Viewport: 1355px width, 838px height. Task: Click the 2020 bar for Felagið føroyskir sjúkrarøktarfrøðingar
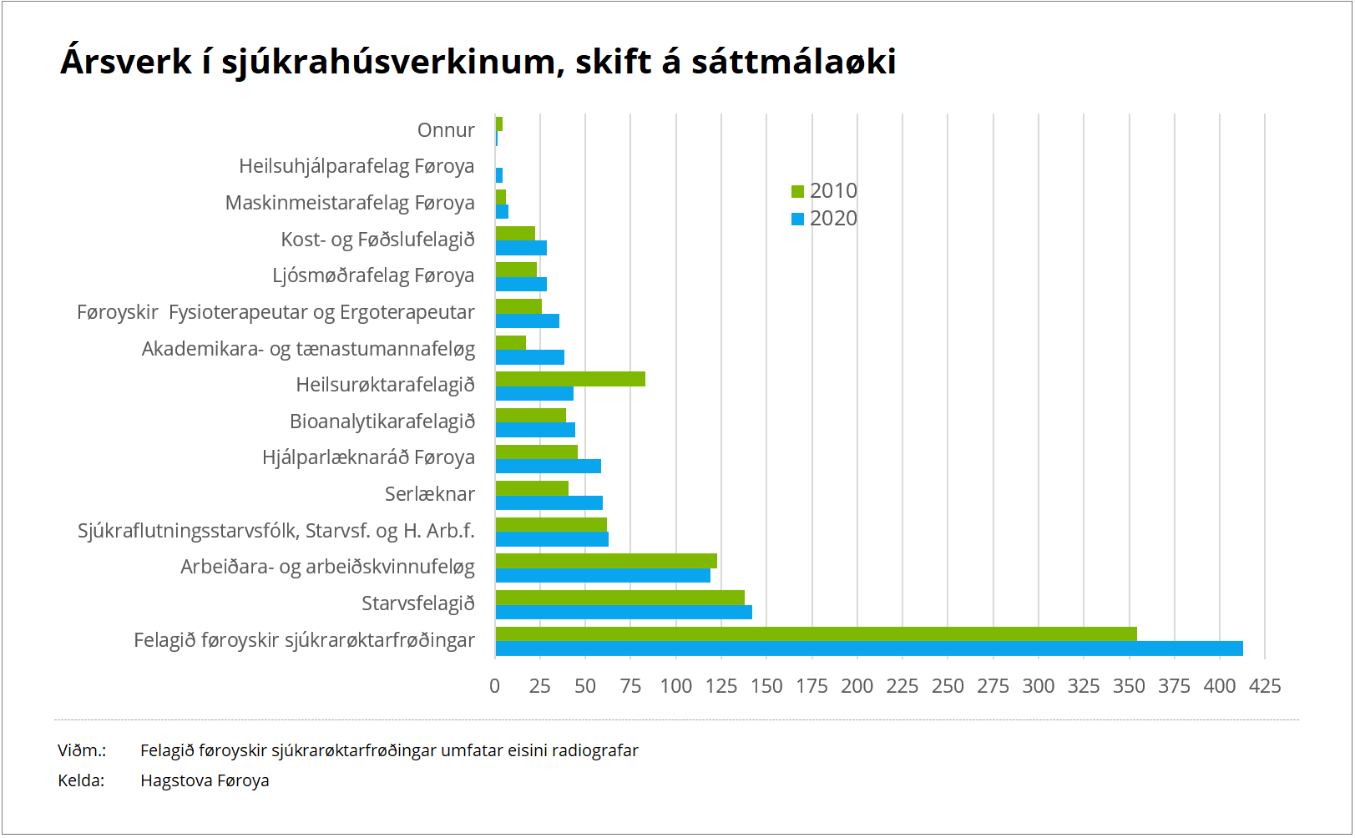(868, 649)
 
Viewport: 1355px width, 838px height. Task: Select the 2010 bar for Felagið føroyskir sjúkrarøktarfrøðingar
(816, 634)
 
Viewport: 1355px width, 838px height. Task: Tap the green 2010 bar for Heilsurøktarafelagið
(570, 379)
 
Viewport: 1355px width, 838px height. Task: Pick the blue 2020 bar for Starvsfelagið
(624, 613)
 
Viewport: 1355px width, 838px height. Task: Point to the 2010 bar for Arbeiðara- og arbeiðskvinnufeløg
(606, 561)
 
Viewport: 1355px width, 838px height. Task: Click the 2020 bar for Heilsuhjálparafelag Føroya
(499, 175)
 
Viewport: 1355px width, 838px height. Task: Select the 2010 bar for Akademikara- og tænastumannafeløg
(511, 342)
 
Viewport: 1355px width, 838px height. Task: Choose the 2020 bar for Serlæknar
(549, 502)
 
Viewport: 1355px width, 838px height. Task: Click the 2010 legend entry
(824, 191)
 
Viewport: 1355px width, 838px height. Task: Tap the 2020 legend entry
(824, 219)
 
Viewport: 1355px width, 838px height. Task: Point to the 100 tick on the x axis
(676, 686)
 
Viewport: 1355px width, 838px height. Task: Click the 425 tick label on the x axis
(1265, 686)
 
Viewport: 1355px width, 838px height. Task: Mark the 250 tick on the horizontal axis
(948, 686)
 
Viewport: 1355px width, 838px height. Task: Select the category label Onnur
(446, 130)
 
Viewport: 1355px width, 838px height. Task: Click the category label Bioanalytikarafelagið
(382, 422)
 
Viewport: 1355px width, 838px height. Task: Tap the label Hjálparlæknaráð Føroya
(368, 457)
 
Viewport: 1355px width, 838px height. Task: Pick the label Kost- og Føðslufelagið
(377, 240)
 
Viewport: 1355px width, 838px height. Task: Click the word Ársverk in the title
(126, 62)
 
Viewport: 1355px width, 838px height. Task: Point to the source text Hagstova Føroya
(205, 780)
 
